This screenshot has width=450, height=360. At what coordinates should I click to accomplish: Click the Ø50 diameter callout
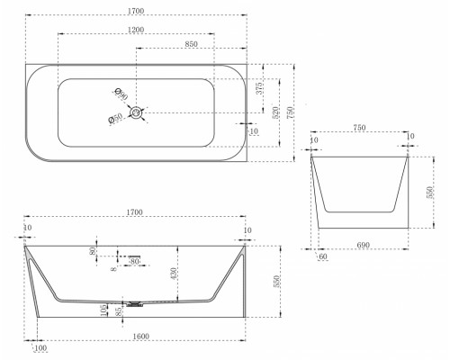115,116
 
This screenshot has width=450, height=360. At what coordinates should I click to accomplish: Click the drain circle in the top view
137,112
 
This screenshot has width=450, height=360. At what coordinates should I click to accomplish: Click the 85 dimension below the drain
120,312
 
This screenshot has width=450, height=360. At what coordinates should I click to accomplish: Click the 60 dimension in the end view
321,256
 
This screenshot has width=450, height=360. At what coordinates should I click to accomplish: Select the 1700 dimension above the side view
136,212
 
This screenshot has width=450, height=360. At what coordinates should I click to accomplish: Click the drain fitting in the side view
135,303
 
